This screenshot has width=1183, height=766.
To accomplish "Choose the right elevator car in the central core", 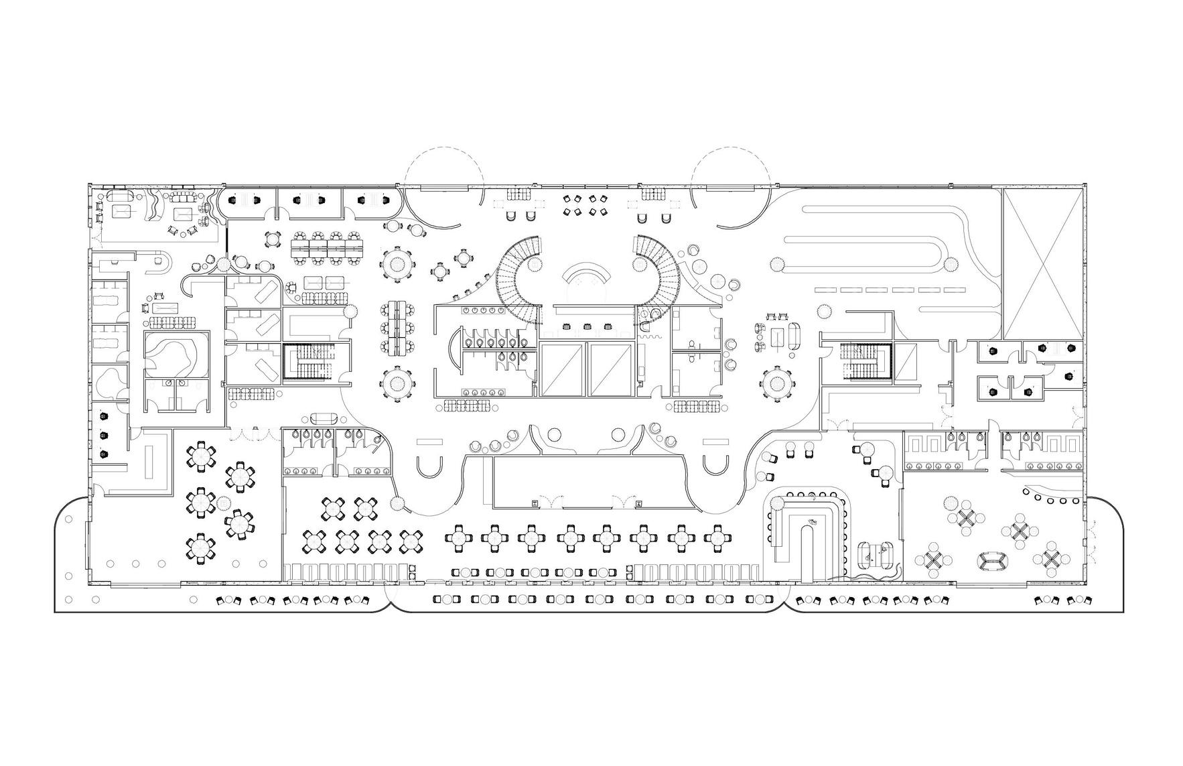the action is pos(610,369).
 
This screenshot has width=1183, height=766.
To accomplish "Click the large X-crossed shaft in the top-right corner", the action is pos(1042,263).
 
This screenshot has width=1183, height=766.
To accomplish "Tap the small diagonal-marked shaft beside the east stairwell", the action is pos(907,363).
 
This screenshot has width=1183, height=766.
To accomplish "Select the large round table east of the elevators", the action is pos(777,385).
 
